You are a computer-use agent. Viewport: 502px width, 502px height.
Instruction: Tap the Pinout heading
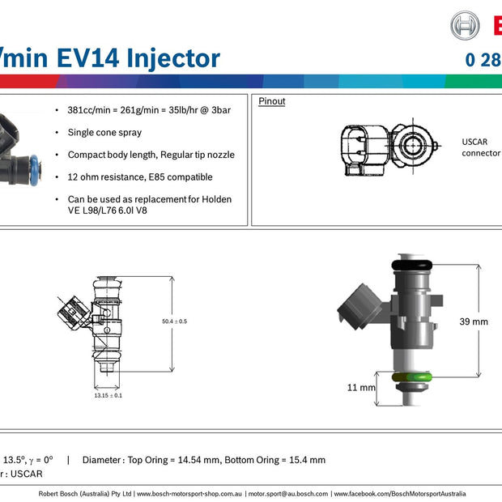coord(272,101)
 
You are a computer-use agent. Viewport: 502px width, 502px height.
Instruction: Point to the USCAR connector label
coord(480,147)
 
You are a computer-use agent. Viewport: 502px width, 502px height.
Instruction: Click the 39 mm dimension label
coord(474,321)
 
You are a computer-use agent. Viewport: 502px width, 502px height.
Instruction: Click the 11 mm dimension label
coord(361,388)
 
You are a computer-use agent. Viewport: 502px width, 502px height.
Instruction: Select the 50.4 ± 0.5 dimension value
coord(174,321)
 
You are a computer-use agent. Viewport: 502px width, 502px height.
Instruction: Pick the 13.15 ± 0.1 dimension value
coord(108,395)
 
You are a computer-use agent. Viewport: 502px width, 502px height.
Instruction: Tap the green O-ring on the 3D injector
coord(412,377)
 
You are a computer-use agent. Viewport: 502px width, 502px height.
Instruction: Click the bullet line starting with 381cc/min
coord(149,110)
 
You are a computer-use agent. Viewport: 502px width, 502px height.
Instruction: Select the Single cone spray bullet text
coord(104,132)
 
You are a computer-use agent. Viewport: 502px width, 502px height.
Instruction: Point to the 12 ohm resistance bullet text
coord(140,177)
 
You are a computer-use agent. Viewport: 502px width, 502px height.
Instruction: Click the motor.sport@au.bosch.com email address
coord(288,493)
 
